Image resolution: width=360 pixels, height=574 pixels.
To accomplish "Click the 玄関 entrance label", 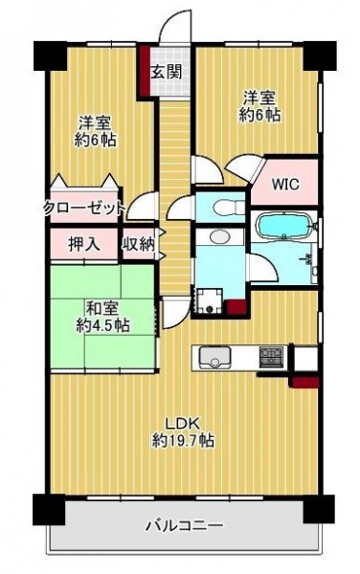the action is tap(167, 72).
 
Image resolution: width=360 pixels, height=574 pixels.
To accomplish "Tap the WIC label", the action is tap(285, 184).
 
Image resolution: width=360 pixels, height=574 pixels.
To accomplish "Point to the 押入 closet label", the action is tap(84, 244).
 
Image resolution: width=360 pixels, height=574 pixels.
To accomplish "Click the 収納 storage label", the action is tap(139, 244).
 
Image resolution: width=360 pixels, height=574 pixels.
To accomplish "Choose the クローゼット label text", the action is tap(84, 209).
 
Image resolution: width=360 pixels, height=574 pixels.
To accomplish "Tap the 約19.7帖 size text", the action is tap(183, 440).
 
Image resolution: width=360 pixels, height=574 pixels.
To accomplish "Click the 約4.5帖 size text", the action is tap(102, 324).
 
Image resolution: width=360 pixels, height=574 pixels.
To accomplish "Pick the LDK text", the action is tap(183, 424).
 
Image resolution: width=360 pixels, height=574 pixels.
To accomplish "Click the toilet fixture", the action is tap(227, 207).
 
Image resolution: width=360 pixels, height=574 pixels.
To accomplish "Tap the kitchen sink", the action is tap(214, 357).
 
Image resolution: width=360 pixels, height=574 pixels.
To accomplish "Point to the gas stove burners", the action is tap(271, 357).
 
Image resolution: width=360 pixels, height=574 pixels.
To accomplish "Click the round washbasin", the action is tap(219, 236).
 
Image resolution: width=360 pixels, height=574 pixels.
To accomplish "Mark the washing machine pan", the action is tap(210, 301).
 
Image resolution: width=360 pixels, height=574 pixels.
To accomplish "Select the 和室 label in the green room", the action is tap(102, 309).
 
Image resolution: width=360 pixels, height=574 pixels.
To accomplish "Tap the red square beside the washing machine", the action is tap(236, 307).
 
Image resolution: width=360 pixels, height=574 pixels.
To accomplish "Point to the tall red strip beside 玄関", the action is tap(144, 72).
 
